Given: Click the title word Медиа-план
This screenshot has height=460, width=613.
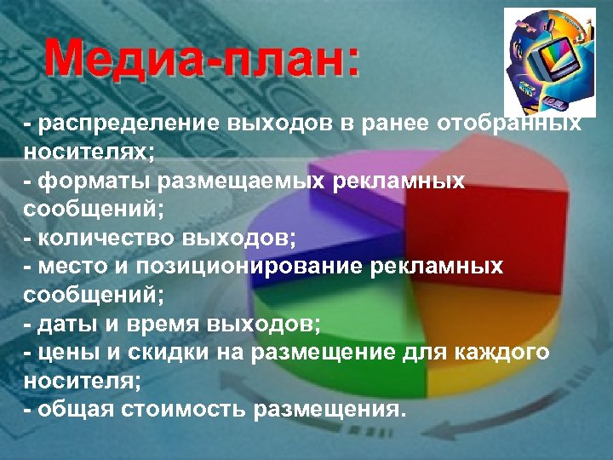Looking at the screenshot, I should [x=203, y=60].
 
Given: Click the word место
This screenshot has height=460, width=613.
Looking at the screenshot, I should [x=67, y=267].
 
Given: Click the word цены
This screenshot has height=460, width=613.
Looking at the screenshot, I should [x=60, y=353].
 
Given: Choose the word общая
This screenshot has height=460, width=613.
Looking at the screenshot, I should [x=70, y=409].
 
